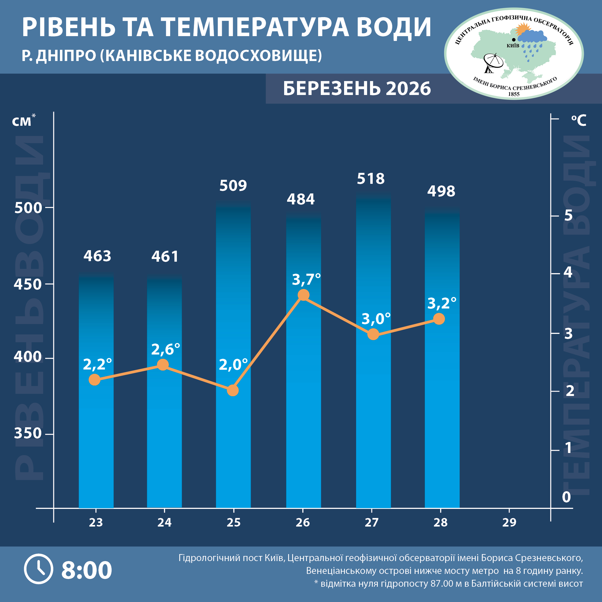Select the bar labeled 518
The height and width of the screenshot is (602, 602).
click(373, 352)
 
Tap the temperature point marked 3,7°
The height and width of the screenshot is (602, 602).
click(303, 295)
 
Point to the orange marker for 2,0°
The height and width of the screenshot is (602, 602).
click(233, 390)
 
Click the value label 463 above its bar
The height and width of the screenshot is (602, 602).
click(97, 256)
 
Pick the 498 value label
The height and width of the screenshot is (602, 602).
click(441, 191)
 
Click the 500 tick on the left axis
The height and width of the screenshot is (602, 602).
click(28, 208)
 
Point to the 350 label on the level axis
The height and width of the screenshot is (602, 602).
click(28, 433)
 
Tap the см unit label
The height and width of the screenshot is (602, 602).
click(22, 121)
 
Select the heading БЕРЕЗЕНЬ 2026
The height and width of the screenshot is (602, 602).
click(357, 89)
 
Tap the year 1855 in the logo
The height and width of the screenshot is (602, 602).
click(514, 94)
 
